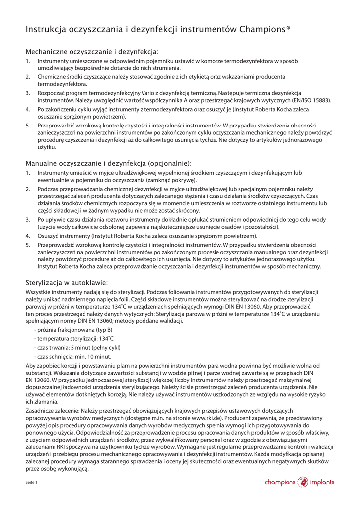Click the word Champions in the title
pos(262,30)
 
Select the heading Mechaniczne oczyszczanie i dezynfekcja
pos(92,52)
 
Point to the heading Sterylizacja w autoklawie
pos(67,282)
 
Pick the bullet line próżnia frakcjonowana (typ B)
pos(73,330)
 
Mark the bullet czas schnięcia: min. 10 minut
pos(72,356)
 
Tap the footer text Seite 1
pos(32,482)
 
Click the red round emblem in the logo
pos(302,482)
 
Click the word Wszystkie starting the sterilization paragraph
pos(37,293)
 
